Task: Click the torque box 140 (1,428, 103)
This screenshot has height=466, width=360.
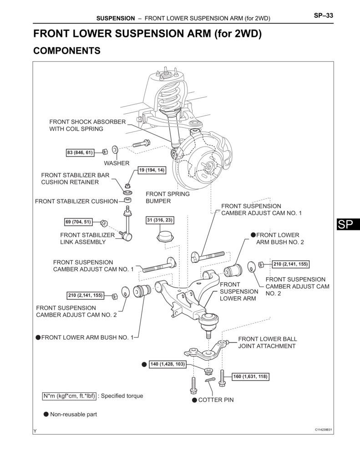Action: coord(168,364)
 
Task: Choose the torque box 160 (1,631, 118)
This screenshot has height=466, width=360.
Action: coord(250,376)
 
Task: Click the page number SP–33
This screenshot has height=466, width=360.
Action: coord(324,16)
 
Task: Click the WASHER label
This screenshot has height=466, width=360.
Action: coord(117,163)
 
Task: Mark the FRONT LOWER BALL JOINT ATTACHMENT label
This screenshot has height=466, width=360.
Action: coord(267,343)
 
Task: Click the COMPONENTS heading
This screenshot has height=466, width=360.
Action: coord(67,51)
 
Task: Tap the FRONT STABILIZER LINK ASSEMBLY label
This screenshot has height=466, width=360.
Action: coord(87,238)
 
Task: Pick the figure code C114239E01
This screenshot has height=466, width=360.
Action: coord(323,430)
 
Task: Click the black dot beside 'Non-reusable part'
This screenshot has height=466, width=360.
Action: coord(46,414)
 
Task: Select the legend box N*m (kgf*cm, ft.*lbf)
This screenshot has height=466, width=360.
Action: coord(69,396)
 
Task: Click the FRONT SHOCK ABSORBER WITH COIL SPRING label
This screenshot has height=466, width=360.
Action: coord(87,125)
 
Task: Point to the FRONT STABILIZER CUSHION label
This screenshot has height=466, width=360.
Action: coord(76,201)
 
